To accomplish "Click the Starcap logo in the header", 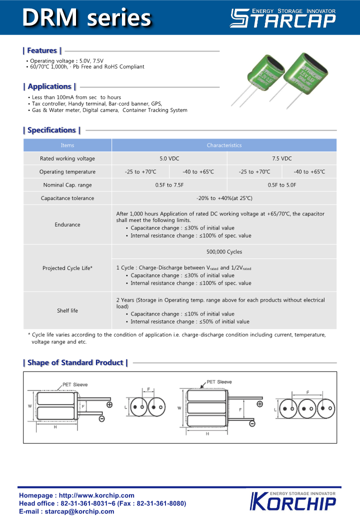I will tap(282, 18).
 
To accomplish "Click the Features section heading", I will tap(42, 50).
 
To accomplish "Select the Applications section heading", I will tap(49, 86).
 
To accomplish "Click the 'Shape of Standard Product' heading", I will tap(75, 362).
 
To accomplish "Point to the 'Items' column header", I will tap(67, 145).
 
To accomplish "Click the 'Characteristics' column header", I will tap(224, 145).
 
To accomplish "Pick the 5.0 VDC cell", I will tap(169, 158).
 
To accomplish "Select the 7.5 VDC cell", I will tap(281, 158).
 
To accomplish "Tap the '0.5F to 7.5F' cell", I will tap(169, 185).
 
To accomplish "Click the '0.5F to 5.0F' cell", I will tap(281, 185).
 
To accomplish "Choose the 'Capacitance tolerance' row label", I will tap(67, 198).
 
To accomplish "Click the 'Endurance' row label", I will tap(67, 224).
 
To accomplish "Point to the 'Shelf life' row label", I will tap(67, 310).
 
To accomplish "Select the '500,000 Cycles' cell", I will tap(224, 251).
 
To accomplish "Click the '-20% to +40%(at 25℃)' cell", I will tap(224, 198).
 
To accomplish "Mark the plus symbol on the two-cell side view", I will tap(109, 404).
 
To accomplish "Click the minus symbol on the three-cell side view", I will tap(252, 424).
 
